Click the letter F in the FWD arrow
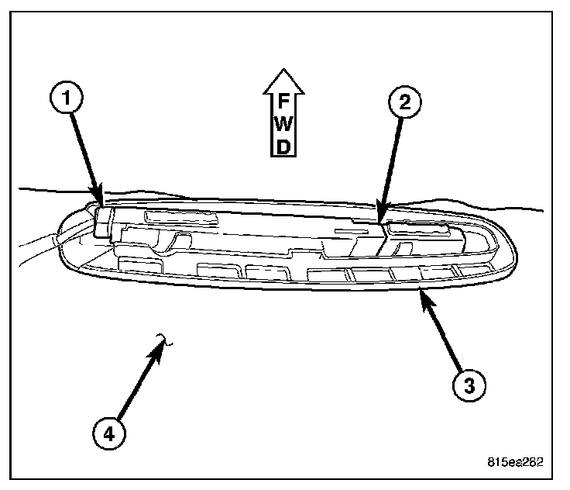(x=284, y=100)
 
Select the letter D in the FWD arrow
(x=284, y=145)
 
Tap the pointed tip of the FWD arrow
(x=284, y=67)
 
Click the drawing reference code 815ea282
(x=515, y=462)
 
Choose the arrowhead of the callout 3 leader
(x=421, y=292)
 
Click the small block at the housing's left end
(x=103, y=220)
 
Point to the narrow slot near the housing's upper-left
(x=176, y=217)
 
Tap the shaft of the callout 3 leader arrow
(x=442, y=333)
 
